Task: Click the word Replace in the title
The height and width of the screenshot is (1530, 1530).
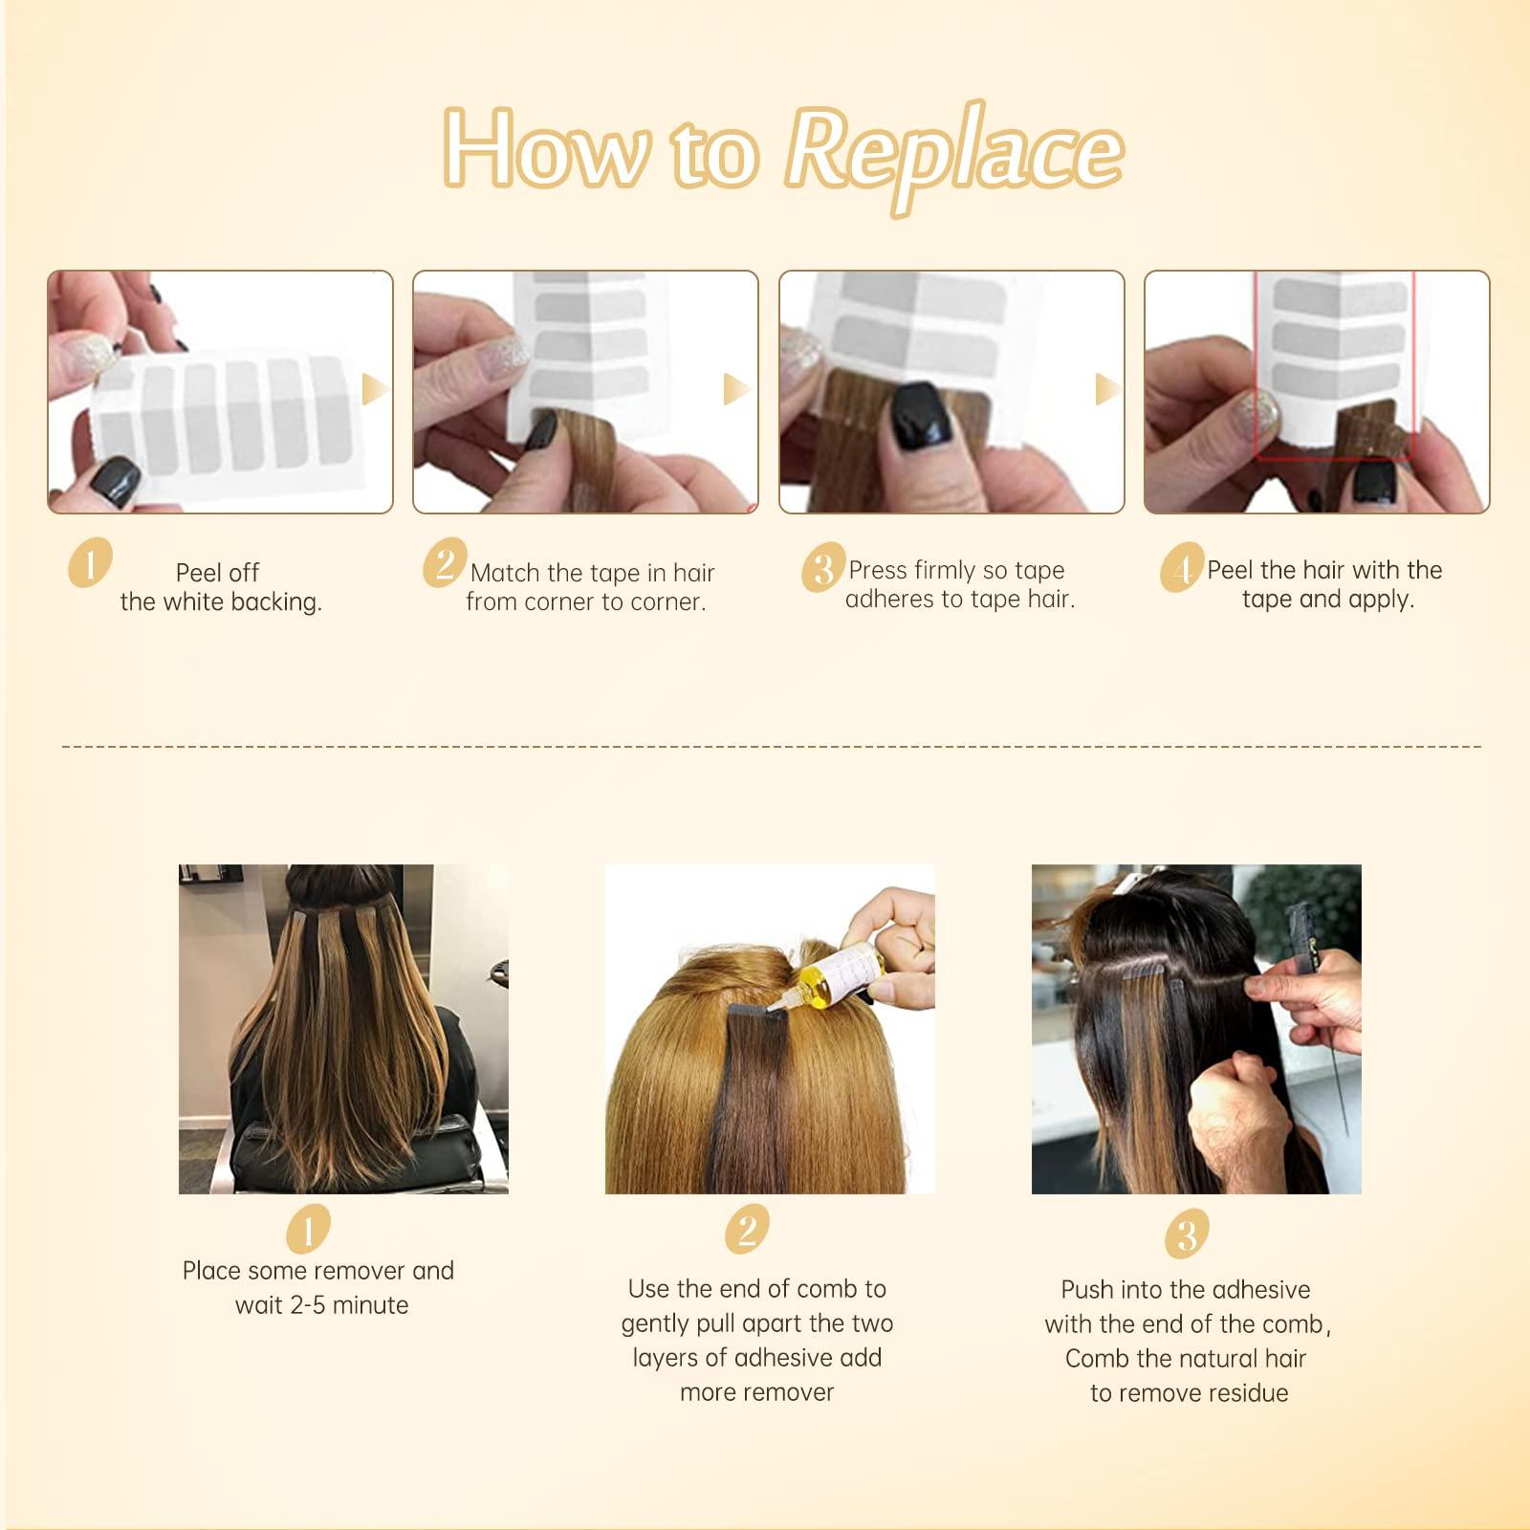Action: (954, 153)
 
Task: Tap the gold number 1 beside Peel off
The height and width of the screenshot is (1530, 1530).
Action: (90, 562)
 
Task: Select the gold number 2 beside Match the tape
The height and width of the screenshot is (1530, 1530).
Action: (445, 562)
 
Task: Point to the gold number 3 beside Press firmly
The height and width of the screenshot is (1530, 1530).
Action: (823, 568)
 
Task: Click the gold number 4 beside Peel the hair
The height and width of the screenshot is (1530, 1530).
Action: (1183, 568)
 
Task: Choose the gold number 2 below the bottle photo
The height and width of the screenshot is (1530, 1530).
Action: (747, 1229)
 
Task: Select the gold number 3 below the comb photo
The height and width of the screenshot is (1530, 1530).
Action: (1186, 1234)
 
